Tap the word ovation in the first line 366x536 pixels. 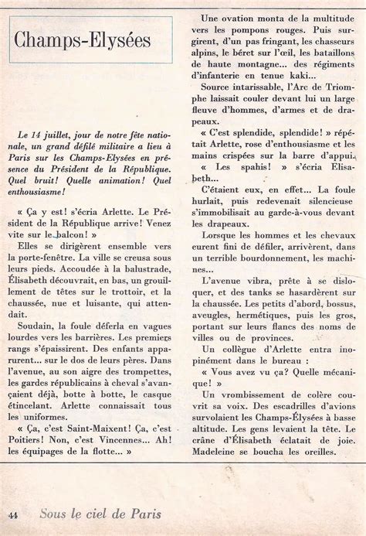point(255,15)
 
